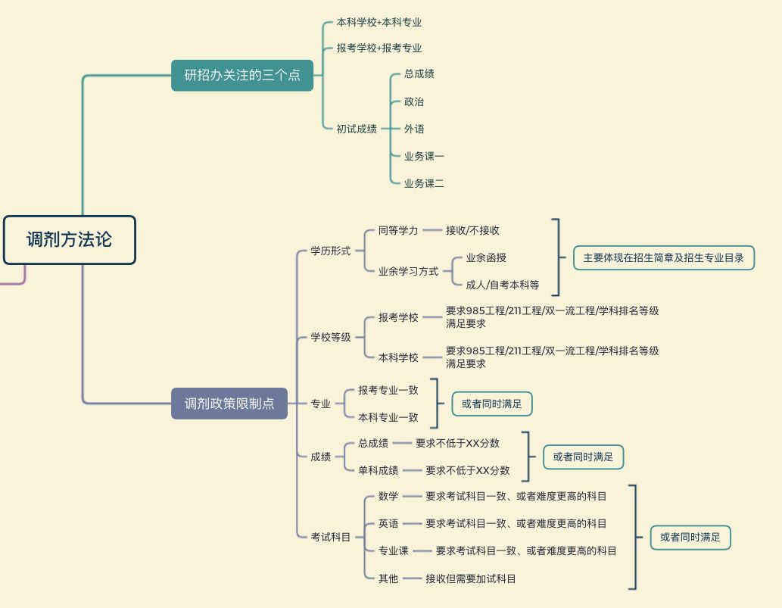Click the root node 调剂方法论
click(69, 240)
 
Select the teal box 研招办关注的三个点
click(242, 75)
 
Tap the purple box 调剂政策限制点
click(229, 404)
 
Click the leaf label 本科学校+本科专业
click(379, 23)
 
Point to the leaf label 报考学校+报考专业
click(379, 48)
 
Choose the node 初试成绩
click(357, 129)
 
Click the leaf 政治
click(414, 101)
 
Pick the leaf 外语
click(414, 129)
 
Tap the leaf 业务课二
click(424, 183)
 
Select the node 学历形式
click(331, 251)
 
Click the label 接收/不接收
click(472, 230)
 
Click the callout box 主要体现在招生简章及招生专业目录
click(663, 257)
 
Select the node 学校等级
click(331, 337)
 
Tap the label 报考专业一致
click(388, 390)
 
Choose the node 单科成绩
click(379, 470)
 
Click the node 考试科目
click(331, 537)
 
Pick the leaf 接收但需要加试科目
click(471, 578)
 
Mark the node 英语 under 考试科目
click(388, 523)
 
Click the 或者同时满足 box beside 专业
click(491, 404)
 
